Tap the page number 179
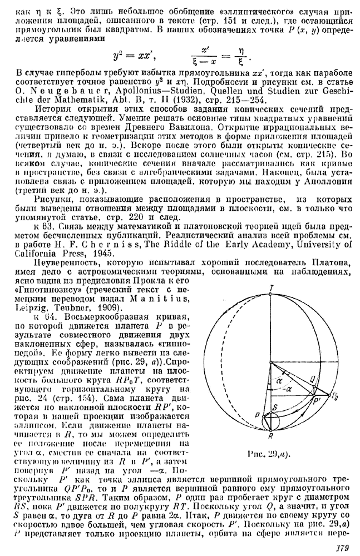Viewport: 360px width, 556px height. (343, 547)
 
